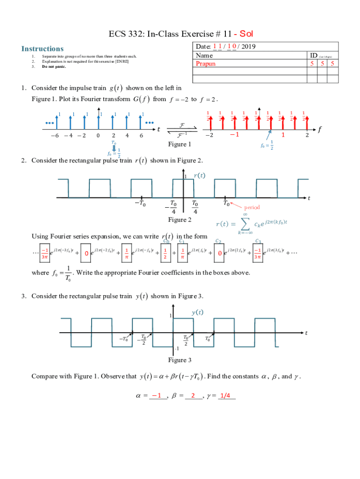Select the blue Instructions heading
43,49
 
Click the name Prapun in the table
206,64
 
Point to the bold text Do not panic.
54,66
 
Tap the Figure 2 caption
180,220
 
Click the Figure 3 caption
180,360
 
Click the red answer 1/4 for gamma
226,395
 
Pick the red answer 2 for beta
193,395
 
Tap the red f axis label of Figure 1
320,129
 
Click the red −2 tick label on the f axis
211,135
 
